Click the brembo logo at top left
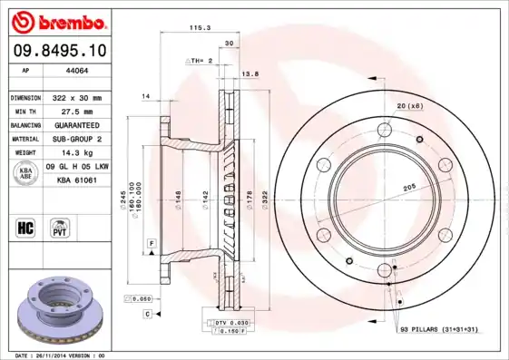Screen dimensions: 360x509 (x=56, y=20)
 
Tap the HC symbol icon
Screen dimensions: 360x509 (x=25, y=226)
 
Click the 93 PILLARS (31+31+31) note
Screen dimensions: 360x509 (x=438, y=329)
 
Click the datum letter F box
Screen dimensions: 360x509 (x=152, y=243)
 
